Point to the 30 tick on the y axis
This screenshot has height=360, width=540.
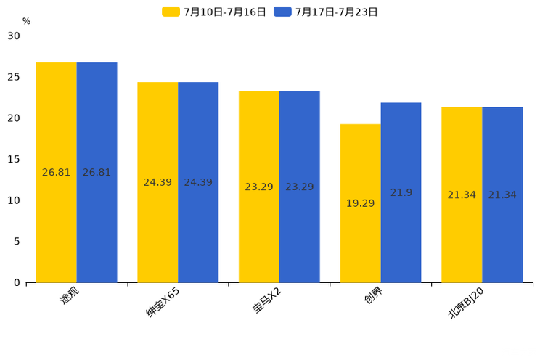point(14,36)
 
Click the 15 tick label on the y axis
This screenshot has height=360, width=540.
point(14,159)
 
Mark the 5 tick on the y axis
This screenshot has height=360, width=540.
point(17,242)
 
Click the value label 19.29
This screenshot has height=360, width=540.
point(360,203)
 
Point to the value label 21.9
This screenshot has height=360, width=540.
point(401,192)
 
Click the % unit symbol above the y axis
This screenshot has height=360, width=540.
point(26,21)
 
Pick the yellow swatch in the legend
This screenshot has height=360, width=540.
point(171,12)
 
